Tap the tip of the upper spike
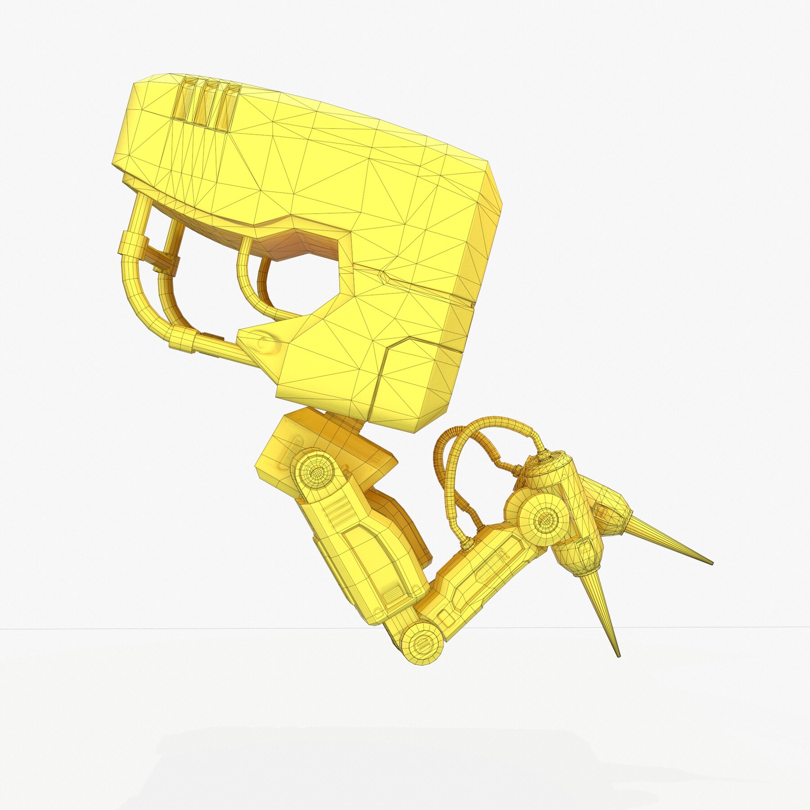[x=711, y=563]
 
